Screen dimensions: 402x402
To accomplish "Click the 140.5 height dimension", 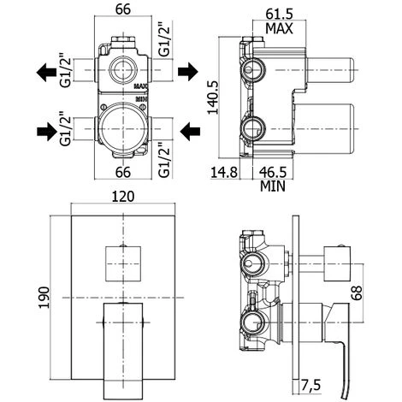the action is point(213,98).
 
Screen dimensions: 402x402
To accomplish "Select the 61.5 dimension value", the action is point(279,14).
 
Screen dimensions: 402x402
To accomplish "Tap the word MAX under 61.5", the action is point(279,28).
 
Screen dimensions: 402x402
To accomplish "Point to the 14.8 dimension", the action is point(224,172).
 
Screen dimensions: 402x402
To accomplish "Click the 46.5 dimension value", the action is point(273,172).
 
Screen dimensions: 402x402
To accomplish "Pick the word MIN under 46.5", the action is point(273,186).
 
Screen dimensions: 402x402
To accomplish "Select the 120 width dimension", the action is point(123,197).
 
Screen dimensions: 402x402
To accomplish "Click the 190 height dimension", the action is point(44,298).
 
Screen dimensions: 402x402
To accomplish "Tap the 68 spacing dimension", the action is point(357,293).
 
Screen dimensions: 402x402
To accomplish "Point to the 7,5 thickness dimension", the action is point(310,386).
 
